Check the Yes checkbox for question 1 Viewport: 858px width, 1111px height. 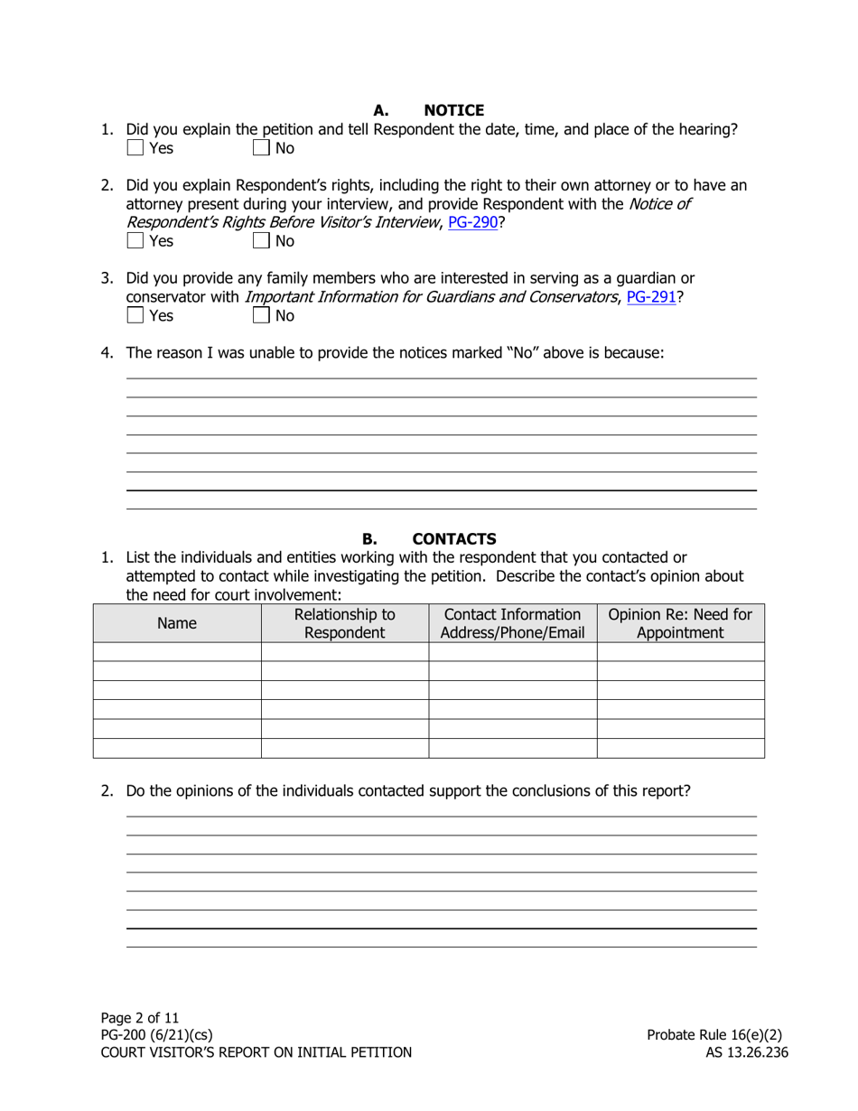135,148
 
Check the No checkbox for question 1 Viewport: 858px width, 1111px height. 261,148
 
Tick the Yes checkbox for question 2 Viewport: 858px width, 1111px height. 135,241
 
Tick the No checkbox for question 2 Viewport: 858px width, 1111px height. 261,241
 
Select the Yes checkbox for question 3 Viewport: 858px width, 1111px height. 135,315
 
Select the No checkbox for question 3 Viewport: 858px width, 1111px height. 261,315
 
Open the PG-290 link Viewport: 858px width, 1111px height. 472,221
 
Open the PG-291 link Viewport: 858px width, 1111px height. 651,296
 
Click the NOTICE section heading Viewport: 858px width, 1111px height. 453,110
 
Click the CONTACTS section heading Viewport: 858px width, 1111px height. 453,539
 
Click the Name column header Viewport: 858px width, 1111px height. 177,623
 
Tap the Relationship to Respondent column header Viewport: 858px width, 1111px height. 344,623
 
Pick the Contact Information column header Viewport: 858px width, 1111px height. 512,623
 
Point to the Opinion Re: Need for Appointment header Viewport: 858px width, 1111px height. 680,623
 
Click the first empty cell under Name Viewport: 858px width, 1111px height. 177,651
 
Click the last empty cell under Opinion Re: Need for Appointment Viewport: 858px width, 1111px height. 680,748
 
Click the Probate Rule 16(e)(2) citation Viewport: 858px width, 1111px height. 714,1035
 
